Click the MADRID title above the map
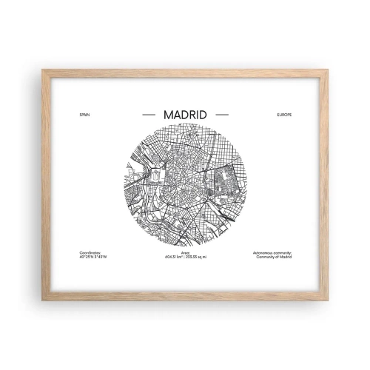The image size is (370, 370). [x=184, y=115]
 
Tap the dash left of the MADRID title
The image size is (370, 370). [x=147, y=115]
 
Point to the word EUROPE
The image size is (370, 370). [x=286, y=116]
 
